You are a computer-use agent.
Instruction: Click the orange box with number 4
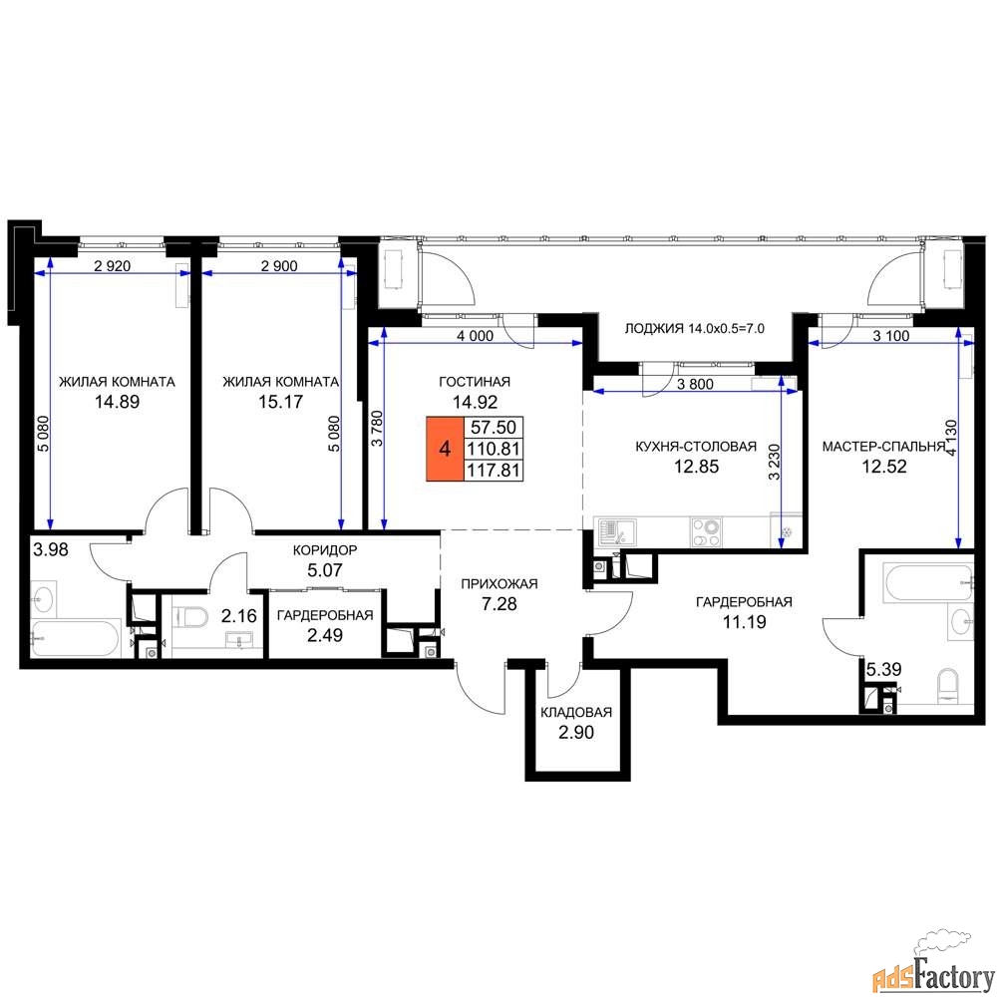point(445,449)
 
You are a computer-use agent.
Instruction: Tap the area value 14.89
point(117,402)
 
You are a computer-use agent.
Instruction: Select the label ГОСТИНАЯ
point(475,382)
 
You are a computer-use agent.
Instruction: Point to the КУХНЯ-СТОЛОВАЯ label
point(696,447)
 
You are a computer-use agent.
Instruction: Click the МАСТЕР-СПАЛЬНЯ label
point(883,447)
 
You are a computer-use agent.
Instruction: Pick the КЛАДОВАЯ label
point(576,712)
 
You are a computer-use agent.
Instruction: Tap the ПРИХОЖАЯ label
point(499,583)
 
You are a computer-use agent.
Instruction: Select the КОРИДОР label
point(325,550)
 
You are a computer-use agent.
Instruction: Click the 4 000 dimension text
point(475,336)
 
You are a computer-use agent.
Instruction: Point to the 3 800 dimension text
point(695,384)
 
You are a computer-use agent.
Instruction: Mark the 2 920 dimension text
point(112,266)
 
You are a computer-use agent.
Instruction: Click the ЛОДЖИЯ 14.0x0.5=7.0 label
point(694,329)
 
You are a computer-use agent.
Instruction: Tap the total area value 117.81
point(494,471)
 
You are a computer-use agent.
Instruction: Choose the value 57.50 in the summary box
point(494,427)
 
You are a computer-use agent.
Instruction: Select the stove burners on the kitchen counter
point(707,532)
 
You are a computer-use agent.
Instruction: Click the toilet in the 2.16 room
point(190,616)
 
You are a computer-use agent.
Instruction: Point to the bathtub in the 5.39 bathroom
point(928,582)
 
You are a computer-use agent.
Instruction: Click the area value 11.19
point(744,622)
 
